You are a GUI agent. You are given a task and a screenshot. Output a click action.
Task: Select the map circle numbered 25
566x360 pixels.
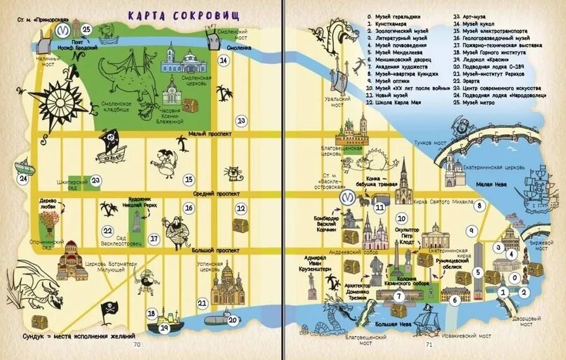[86, 29]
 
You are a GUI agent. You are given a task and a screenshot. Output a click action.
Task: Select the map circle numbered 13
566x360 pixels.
[241, 121]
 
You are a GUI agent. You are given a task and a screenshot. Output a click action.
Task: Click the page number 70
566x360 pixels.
[137, 344]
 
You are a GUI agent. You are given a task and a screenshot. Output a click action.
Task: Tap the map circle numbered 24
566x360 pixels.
[23, 178]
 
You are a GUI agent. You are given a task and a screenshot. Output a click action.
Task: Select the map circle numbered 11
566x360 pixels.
[380, 206]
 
